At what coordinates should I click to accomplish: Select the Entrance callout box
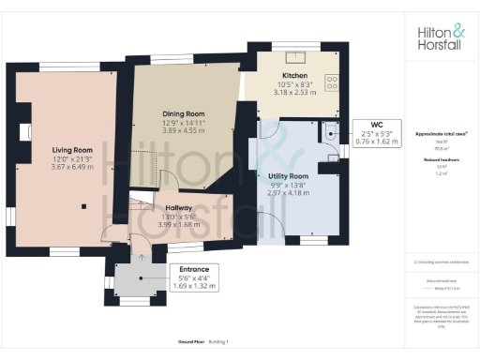click(x=197, y=277)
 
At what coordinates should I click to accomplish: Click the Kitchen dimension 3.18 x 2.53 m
click(x=295, y=92)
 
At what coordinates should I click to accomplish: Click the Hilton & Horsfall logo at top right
click(x=440, y=36)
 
